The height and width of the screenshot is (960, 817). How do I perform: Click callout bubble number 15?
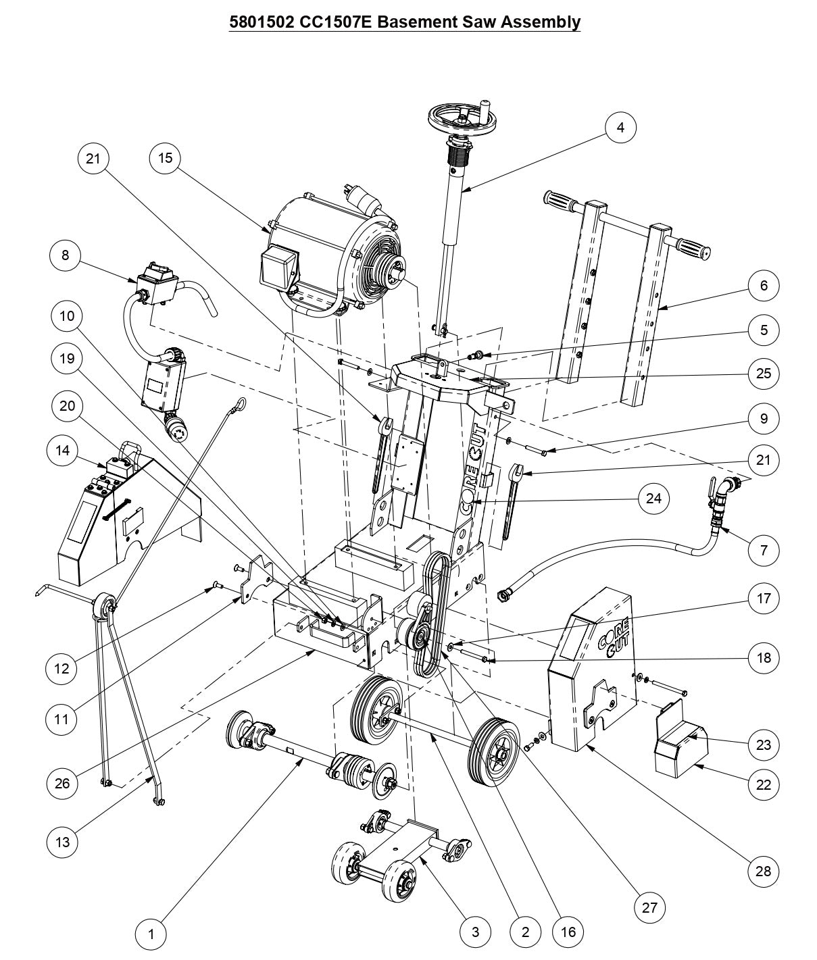(166, 158)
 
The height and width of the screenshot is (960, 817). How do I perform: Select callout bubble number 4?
(620, 127)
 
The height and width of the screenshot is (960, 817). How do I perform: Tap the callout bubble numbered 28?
(764, 871)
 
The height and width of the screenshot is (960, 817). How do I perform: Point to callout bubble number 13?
(62, 842)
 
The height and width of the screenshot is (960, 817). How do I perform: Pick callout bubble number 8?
(66, 255)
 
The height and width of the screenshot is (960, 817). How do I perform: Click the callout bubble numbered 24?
(653, 499)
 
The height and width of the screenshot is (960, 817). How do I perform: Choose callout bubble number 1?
(151, 934)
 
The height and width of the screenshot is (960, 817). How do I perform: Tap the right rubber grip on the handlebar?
(691, 247)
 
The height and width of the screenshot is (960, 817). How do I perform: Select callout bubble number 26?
(62, 783)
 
